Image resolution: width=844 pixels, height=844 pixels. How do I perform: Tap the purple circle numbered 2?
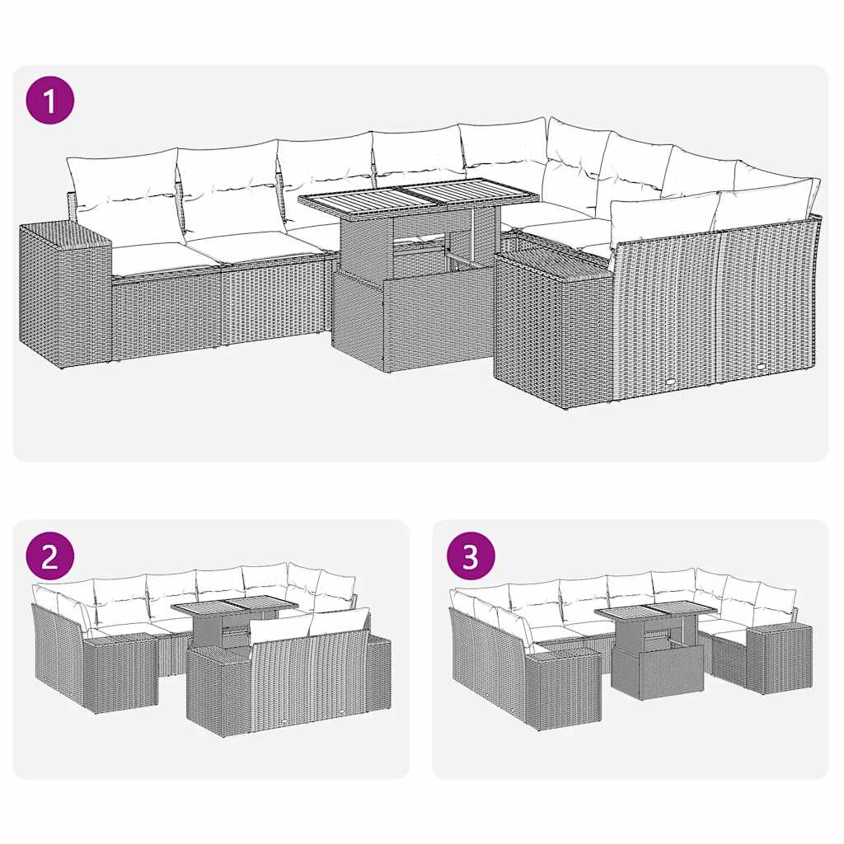click(x=50, y=557)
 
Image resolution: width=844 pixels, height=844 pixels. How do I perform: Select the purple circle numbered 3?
click(x=470, y=557)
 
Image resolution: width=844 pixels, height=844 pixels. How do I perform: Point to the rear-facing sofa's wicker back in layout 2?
click(x=309, y=680)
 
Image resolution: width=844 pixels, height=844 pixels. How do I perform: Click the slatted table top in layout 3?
click(x=655, y=612)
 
